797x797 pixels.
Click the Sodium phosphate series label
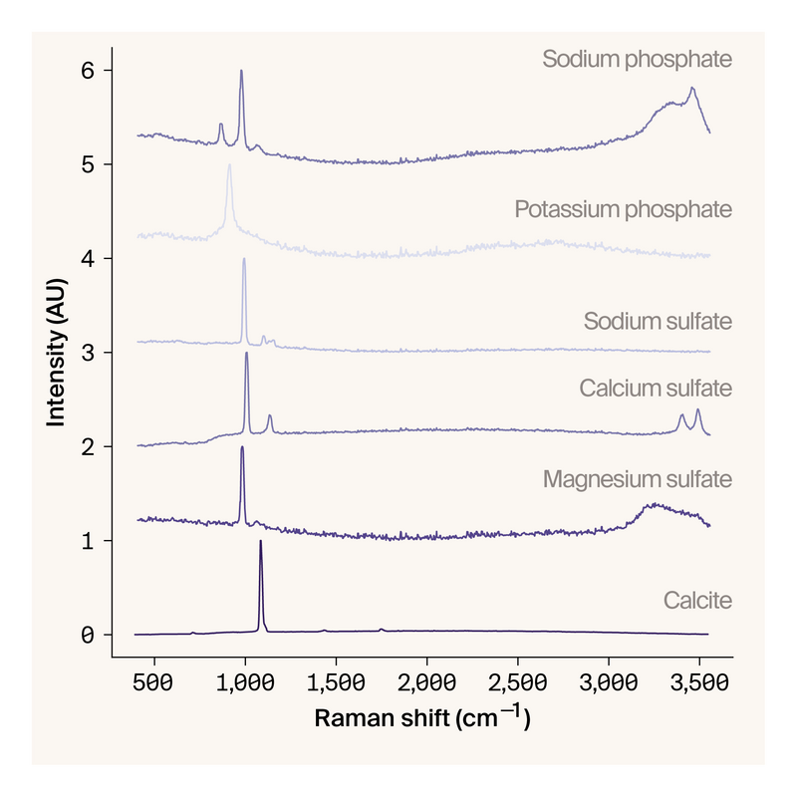(x=637, y=60)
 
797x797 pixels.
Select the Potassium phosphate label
(x=623, y=210)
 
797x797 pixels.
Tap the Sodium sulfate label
(x=658, y=322)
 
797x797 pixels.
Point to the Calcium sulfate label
(x=656, y=388)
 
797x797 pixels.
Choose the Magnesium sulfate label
(x=637, y=480)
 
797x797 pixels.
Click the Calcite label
(x=697, y=601)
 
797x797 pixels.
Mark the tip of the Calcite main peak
(x=261, y=541)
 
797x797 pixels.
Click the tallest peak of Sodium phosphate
(x=241, y=71)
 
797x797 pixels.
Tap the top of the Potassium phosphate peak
(x=229, y=165)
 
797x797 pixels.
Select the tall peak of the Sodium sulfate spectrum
(x=244, y=259)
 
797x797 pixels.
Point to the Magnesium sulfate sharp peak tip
(x=242, y=446)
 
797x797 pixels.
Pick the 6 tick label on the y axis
(x=88, y=71)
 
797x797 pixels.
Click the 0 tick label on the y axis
(x=88, y=635)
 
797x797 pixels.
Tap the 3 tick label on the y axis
(x=88, y=353)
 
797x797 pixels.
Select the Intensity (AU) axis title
(x=56, y=353)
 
